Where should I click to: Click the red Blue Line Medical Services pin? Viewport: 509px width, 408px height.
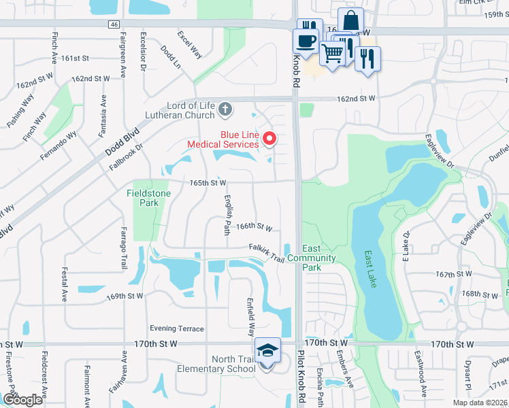269,139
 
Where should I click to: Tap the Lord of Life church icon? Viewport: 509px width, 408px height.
226,108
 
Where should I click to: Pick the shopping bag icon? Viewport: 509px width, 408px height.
350,20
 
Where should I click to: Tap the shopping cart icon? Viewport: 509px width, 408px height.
332,52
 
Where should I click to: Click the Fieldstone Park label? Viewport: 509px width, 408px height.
148,198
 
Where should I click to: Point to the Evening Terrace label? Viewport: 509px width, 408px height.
177,328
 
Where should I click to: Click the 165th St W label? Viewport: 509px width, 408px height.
208,183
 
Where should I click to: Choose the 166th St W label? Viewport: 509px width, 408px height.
255,226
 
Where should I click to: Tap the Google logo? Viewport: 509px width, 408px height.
22,400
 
